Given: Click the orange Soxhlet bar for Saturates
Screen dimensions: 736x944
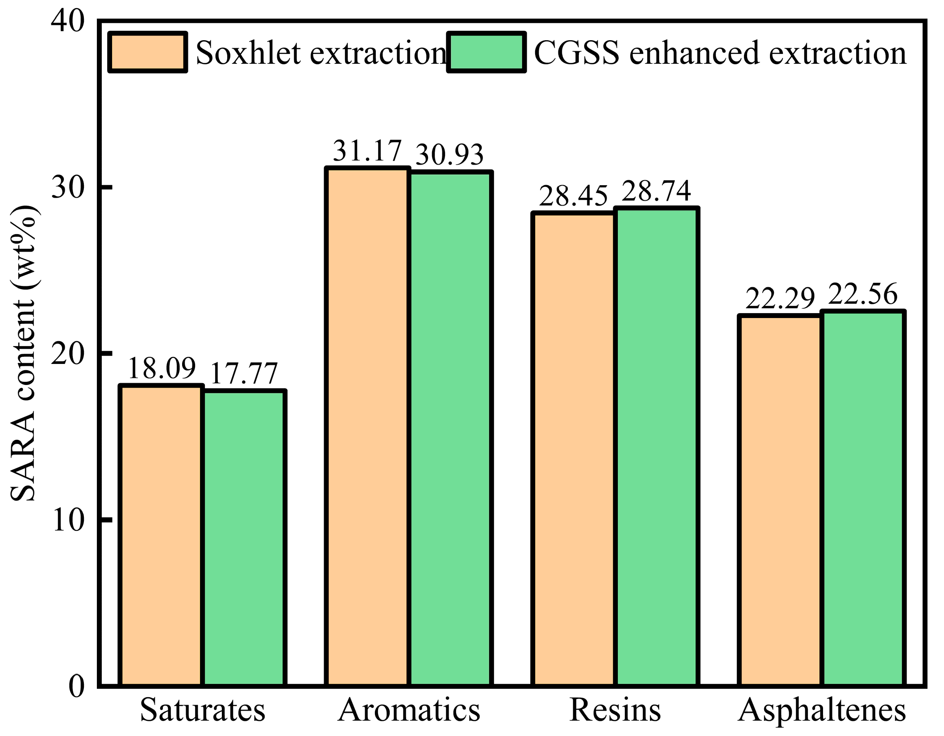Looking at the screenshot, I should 161,535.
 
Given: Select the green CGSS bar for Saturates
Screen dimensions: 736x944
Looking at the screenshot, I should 244,538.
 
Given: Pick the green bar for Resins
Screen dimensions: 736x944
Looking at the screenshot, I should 656,446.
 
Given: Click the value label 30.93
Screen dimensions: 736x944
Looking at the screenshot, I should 449,155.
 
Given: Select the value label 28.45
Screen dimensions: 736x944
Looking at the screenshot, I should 574,196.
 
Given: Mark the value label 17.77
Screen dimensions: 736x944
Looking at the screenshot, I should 244,373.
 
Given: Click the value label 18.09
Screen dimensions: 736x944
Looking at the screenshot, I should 162,368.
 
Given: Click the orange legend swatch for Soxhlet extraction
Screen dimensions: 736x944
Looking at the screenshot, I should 147,52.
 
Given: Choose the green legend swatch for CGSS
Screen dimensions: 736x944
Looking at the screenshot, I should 486,52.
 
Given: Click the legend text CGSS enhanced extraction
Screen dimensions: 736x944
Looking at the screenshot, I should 720,53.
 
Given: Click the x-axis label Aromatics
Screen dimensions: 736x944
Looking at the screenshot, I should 409,710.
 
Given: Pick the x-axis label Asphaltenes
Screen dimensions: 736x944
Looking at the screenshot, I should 822,710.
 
